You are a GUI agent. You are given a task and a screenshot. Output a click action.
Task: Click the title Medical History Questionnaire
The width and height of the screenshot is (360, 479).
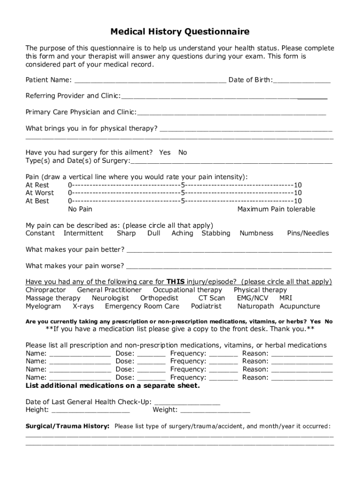point(180,32)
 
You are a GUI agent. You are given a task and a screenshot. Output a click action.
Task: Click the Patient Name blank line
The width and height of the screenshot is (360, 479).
point(150,81)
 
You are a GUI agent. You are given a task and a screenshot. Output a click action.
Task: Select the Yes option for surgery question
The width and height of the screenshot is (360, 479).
point(165,152)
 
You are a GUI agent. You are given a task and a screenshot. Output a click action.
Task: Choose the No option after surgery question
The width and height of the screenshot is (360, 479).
point(182,152)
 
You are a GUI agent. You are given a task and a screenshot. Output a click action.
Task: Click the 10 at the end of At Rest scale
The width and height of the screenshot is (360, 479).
point(298,185)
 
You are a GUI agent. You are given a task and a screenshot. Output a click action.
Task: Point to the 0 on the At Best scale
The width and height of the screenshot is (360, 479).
point(70,201)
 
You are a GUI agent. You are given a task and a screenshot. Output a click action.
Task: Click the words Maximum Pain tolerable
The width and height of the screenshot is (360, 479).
point(276,209)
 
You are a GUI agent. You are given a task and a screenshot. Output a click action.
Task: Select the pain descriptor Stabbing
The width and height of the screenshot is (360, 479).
point(216,233)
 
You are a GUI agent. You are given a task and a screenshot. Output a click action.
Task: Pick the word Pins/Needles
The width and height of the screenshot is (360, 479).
point(308,233)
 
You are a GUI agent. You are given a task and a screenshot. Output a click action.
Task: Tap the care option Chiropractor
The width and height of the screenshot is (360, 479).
point(45,290)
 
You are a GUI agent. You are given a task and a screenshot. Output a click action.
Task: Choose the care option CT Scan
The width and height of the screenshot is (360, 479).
point(211,298)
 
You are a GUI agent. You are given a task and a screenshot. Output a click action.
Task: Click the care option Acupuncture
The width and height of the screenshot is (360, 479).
point(300,306)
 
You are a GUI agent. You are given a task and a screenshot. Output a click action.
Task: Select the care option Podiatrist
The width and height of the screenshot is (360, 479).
point(206,306)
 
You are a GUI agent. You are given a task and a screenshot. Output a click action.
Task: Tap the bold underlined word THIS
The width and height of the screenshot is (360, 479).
point(176,282)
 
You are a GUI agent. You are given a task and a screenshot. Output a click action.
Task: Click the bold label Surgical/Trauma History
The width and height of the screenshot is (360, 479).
point(67,426)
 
